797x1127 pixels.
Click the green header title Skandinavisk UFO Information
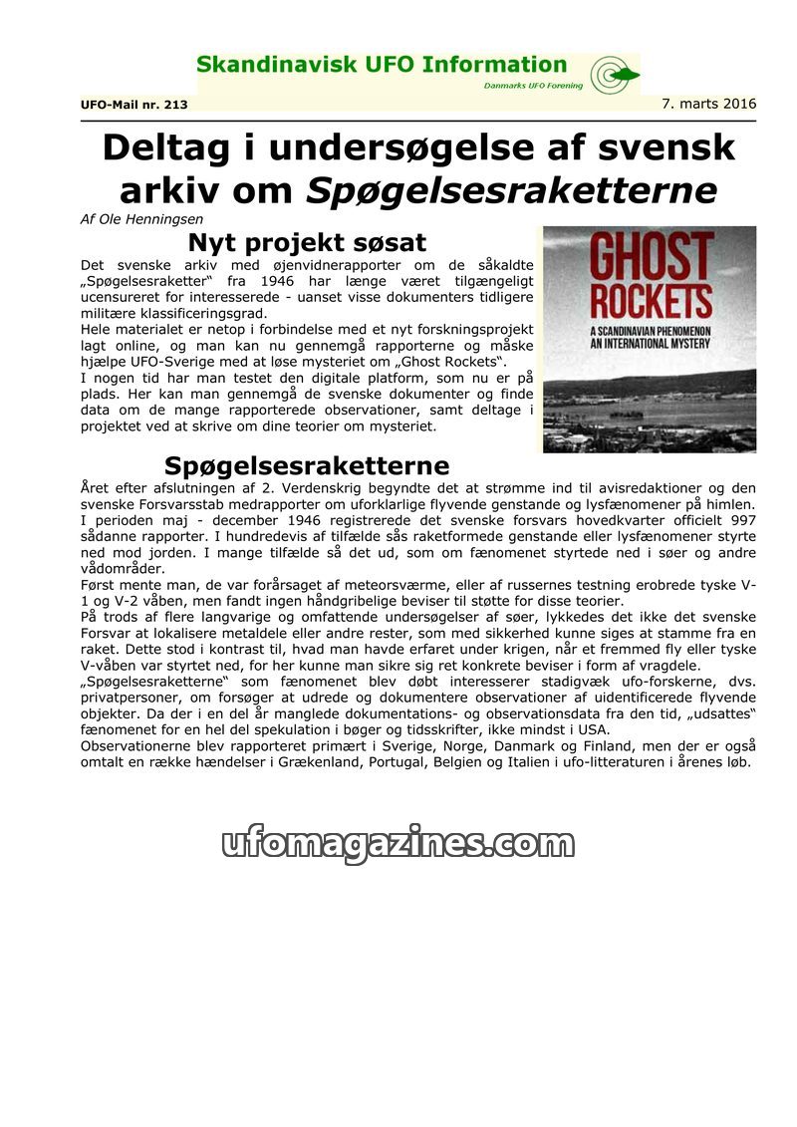pyautogui.click(x=382, y=66)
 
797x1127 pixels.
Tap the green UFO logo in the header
pyautogui.click(x=613, y=74)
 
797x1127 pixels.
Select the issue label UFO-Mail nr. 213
pyautogui.click(x=133, y=104)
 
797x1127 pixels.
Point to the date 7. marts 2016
pyautogui.click(x=708, y=104)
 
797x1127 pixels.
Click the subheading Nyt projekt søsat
pyautogui.click(x=307, y=242)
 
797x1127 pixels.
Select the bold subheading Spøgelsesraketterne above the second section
pyautogui.click(x=307, y=465)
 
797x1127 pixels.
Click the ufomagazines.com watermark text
pyautogui.click(x=398, y=843)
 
